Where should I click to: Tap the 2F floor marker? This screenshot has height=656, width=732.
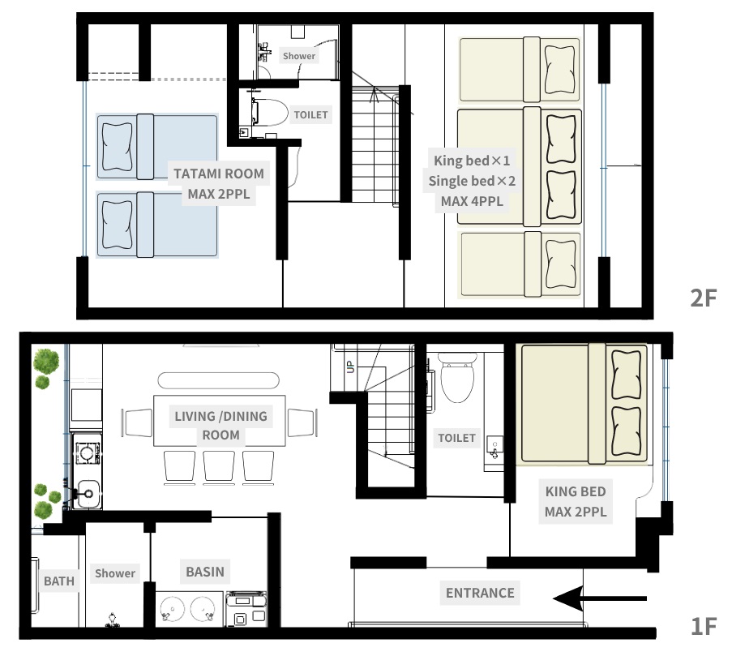click(x=703, y=298)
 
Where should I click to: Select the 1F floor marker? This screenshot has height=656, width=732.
click(x=703, y=626)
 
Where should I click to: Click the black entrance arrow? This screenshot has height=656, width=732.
click(x=600, y=598)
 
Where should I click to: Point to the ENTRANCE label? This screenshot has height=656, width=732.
click(x=480, y=593)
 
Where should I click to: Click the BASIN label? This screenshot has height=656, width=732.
click(x=205, y=572)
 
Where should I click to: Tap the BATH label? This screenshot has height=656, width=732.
click(x=59, y=581)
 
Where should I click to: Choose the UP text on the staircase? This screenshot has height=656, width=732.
click(x=350, y=367)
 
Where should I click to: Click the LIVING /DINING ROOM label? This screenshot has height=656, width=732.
click(x=220, y=426)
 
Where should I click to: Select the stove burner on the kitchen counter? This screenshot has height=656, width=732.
click(x=87, y=452)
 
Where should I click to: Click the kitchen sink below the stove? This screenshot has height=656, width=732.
click(x=88, y=494)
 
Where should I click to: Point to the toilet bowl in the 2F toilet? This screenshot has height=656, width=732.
click(x=270, y=112)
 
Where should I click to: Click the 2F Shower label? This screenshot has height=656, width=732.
click(x=299, y=56)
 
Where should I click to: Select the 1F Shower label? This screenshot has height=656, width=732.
click(x=115, y=573)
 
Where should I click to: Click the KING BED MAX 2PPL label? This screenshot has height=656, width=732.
click(x=576, y=501)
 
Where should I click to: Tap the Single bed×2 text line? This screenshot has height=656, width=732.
click(x=472, y=181)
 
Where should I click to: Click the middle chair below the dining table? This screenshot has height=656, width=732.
click(x=219, y=466)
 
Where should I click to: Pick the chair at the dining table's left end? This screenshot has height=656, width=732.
click(x=137, y=422)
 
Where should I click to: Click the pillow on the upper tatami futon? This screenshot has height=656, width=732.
click(x=117, y=147)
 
